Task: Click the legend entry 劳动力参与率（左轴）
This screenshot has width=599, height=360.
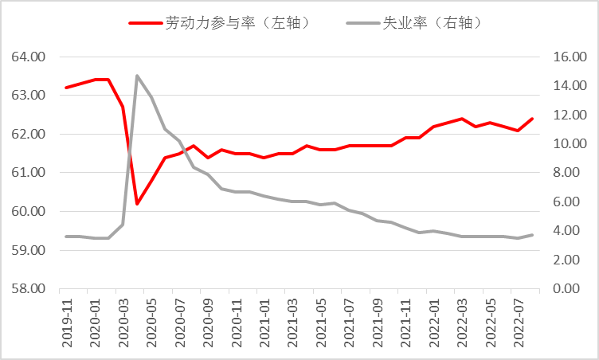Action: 219,23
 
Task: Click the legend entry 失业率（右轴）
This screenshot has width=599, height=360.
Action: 416,23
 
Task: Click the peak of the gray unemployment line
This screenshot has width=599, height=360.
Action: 137,76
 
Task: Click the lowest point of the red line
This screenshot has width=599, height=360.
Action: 137,204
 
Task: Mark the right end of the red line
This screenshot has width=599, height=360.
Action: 532,119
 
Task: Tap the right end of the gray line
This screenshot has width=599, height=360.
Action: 532,235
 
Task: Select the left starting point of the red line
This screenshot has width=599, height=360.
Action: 66,88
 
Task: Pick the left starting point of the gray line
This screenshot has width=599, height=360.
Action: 66,237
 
